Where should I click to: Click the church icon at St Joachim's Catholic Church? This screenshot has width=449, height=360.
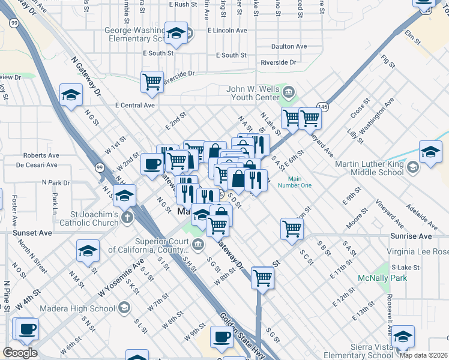tap(127, 217)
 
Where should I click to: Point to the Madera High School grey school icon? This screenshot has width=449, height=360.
tap(124, 308)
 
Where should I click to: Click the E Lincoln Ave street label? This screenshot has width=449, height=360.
tap(227, 30)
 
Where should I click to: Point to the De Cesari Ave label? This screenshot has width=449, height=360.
tap(37, 164)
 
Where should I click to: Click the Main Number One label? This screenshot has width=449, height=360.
tap(294, 182)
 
